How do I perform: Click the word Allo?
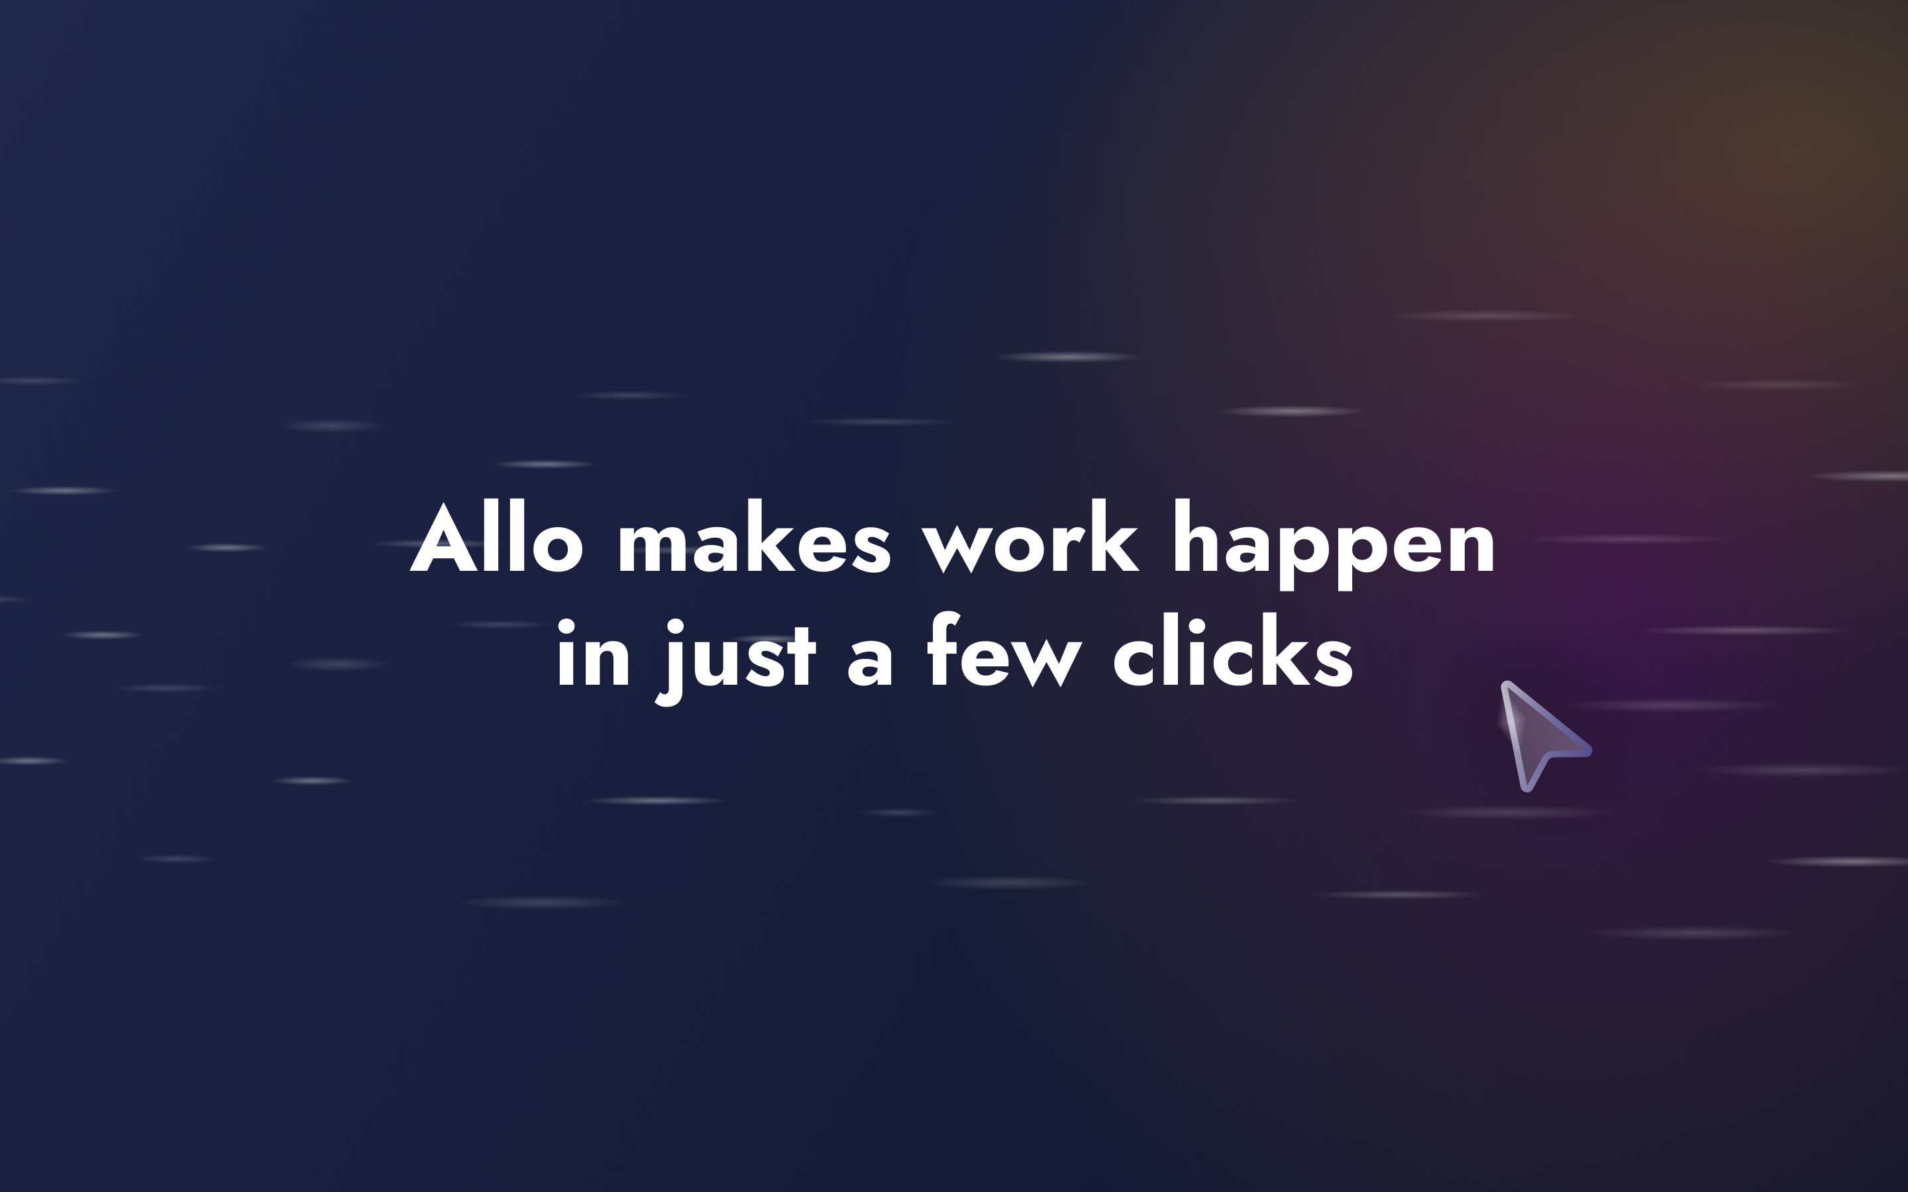coord(497,538)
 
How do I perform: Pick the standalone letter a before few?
coord(870,663)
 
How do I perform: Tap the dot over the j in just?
coord(676,626)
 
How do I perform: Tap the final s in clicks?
coord(1335,663)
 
